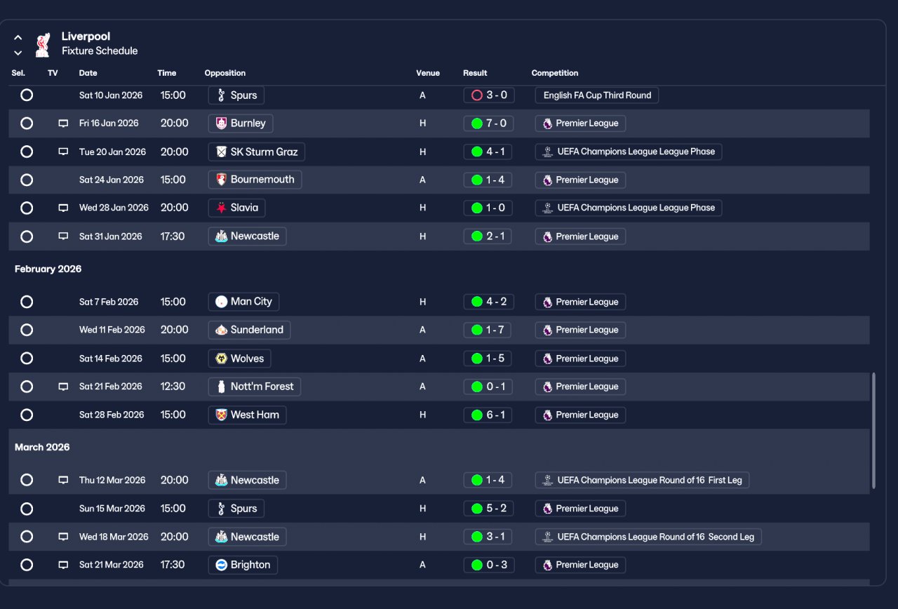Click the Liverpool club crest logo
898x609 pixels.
43,45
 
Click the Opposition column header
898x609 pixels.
225,73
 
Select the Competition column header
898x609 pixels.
555,73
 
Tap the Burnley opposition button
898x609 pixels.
241,123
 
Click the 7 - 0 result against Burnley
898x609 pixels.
489,123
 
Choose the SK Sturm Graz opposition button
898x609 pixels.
257,152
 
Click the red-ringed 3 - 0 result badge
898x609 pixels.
489,95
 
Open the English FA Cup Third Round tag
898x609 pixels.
597,95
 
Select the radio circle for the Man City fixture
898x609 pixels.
27,302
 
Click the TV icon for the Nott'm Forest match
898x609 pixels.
63,387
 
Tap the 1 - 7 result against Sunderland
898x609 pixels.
488,330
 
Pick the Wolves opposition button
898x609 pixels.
240,359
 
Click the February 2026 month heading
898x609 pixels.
48,269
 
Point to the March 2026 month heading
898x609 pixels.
42,447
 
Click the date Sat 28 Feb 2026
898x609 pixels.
112,415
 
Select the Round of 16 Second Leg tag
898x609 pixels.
648,537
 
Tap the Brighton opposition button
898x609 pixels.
243,565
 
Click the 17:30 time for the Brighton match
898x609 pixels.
173,565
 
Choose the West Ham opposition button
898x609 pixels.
248,415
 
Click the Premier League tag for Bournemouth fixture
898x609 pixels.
580,180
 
